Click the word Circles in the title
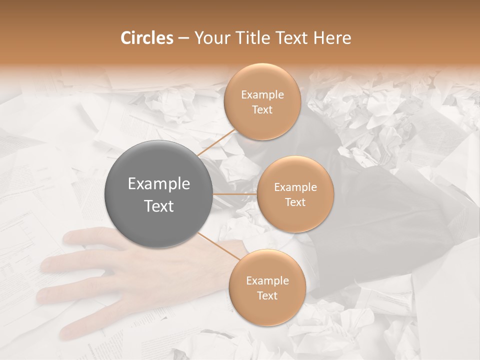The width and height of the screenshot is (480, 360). [x=146, y=38]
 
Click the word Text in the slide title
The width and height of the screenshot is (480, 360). [x=291, y=38]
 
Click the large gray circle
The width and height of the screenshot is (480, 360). [x=159, y=194]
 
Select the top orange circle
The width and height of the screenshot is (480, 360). [x=262, y=102]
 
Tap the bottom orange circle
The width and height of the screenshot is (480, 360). [x=267, y=287]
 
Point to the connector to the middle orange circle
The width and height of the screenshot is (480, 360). [x=234, y=194]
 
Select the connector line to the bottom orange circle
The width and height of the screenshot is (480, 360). [x=219, y=246]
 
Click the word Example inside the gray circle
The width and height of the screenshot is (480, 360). [x=159, y=184]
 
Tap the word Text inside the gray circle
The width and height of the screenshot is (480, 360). [x=159, y=206]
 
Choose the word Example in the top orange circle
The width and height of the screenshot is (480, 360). [x=262, y=95]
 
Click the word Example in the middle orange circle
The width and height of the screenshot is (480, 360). [x=295, y=187]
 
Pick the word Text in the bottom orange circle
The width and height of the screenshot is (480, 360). [x=267, y=295]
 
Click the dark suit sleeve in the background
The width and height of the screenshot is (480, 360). [x=380, y=210]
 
